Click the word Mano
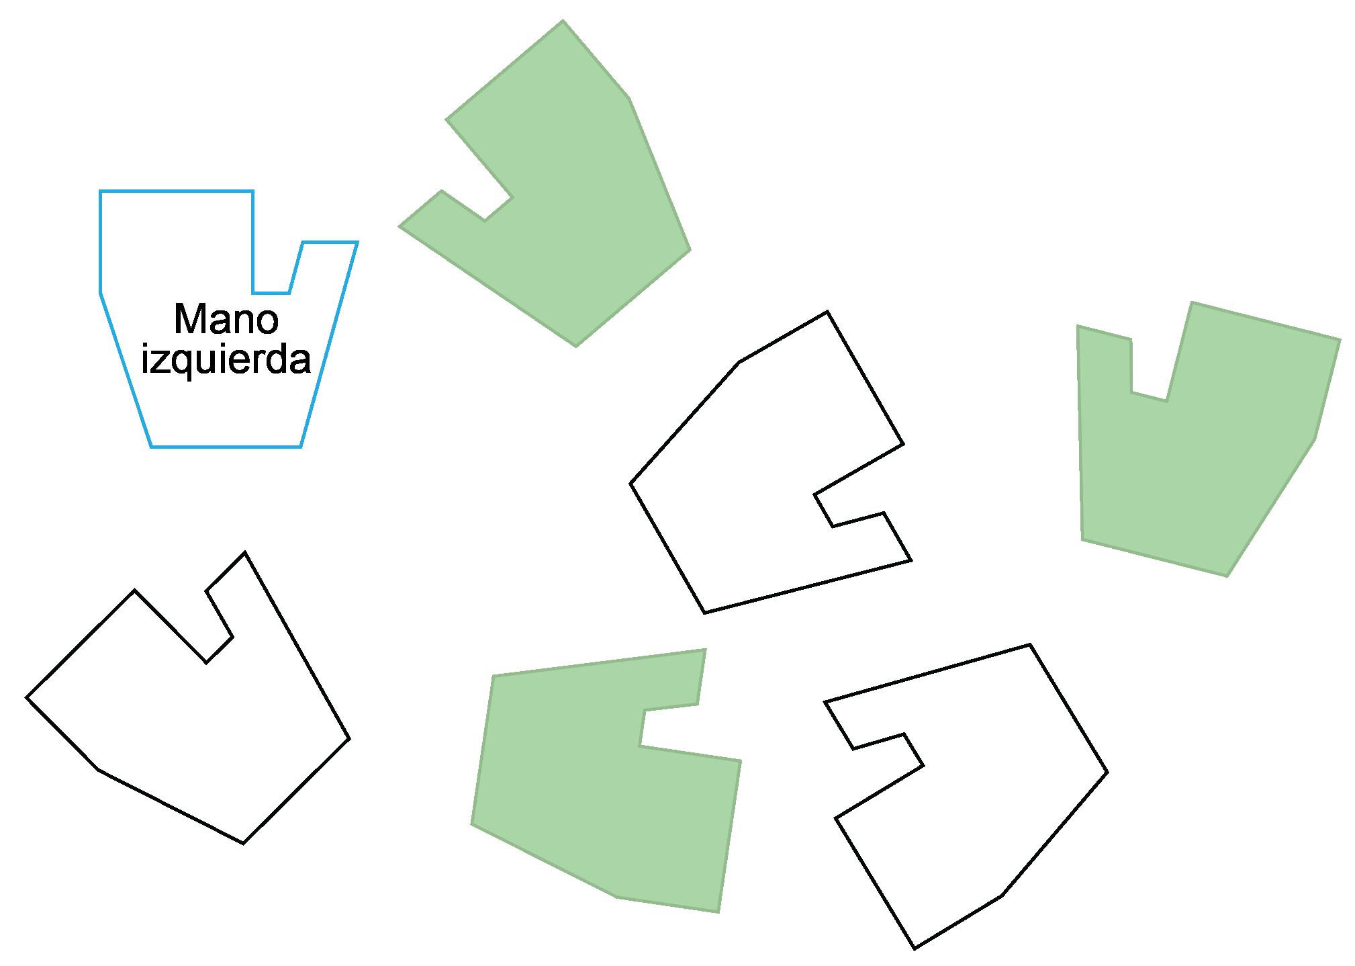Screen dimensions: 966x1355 pyautogui.click(x=226, y=319)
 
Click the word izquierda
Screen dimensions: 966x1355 pyautogui.click(x=226, y=360)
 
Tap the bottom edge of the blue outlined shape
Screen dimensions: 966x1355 pyautogui.click(x=226, y=446)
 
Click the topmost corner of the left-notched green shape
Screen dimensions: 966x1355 pyautogui.click(x=562, y=21)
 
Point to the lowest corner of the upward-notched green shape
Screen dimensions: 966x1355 pyautogui.click(x=1227, y=576)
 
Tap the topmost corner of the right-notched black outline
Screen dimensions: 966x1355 pyautogui.click(x=827, y=312)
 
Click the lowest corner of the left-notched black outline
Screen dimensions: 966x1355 pyautogui.click(x=915, y=948)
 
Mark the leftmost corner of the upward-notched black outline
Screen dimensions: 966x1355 pyautogui.click(x=27, y=697)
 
